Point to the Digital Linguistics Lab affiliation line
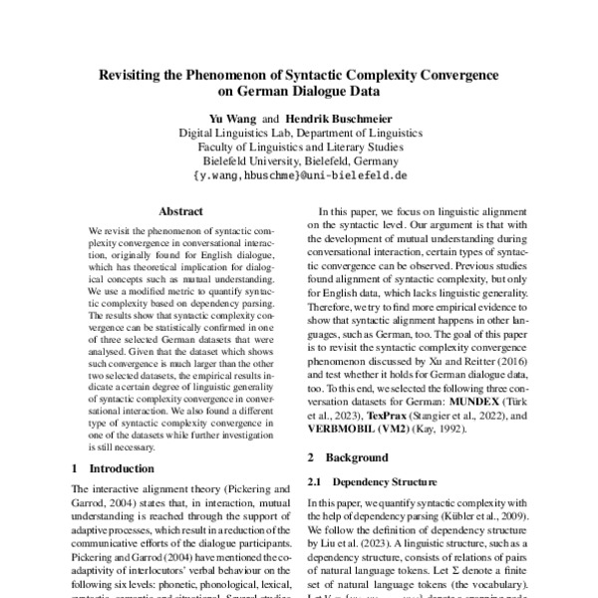click(x=299, y=133)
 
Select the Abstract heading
click(x=181, y=211)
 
